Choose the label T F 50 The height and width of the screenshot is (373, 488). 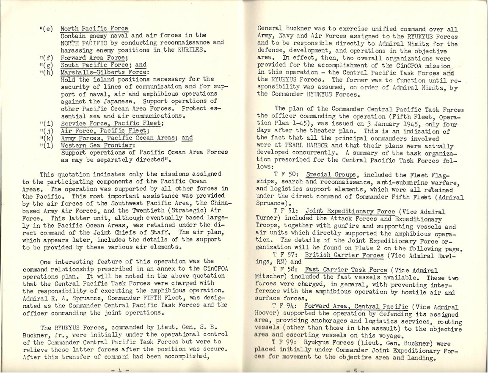286,174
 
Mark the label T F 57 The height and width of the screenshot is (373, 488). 286,255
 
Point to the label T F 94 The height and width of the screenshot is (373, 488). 286,307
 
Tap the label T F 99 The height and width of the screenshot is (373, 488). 286,343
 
